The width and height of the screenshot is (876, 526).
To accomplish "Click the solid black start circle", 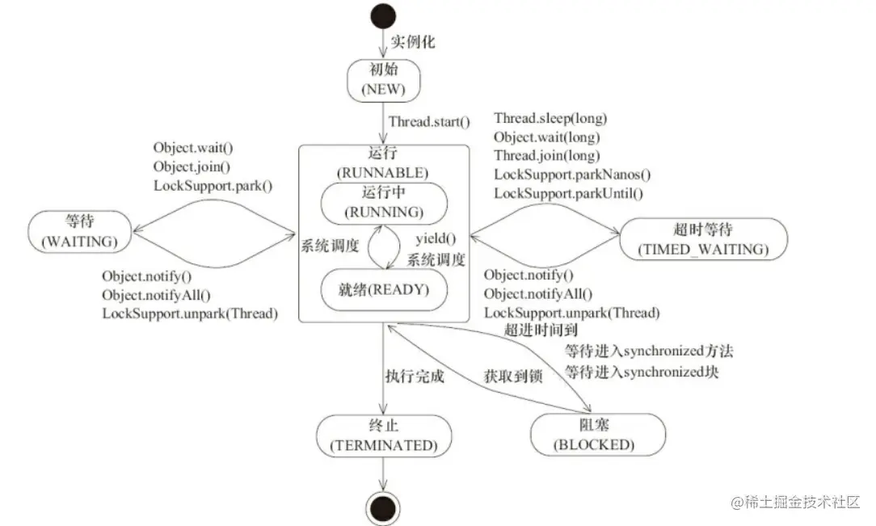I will (383, 16).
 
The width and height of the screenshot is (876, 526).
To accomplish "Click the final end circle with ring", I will (382, 507).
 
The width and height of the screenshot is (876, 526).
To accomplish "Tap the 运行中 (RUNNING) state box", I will (383, 203).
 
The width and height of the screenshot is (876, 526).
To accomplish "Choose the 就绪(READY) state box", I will (383, 288).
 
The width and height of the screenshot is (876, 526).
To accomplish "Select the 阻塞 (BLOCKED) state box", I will (598, 436).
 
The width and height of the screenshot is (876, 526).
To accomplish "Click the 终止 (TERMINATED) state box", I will (383, 436).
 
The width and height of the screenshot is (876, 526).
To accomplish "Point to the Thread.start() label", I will (428, 122).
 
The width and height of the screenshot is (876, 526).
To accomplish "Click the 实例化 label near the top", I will (413, 42).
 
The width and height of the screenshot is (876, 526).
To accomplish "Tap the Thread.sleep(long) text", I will (550, 119).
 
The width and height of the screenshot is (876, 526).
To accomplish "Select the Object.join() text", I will (192, 166).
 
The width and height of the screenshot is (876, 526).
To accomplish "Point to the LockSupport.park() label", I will (213, 184).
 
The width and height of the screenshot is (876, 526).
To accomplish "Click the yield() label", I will (436, 239).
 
